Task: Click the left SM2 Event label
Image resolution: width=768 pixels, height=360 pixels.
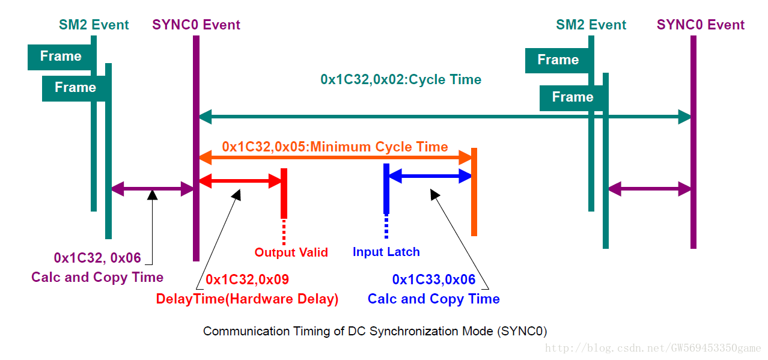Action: point(94,25)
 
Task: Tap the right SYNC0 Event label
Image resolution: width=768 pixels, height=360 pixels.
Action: point(700,25)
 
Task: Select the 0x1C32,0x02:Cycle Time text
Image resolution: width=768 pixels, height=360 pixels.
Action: point(401,79)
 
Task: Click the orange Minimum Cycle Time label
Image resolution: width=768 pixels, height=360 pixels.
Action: point(335,147)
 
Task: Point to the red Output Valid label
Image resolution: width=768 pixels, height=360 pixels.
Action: point(291,252)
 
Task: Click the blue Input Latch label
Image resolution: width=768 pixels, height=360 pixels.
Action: point(386,252)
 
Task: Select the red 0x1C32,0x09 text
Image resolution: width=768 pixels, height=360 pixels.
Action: point(247,279)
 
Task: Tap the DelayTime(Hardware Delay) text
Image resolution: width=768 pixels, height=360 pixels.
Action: point(247,299)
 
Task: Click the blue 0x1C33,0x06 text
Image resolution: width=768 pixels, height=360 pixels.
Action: point(433,279)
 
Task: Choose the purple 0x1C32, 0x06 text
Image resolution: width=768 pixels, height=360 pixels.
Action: point(97,258)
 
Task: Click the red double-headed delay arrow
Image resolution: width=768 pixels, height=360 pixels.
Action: point(240,180)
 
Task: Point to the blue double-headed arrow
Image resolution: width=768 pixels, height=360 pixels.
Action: point(430,176)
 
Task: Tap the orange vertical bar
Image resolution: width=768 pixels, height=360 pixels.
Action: point(474,192)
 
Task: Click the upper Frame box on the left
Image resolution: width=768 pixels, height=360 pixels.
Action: point(61,56)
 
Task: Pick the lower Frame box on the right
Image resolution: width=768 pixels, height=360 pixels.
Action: point(572,97)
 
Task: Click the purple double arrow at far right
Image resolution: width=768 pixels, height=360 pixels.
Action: point(649,189)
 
